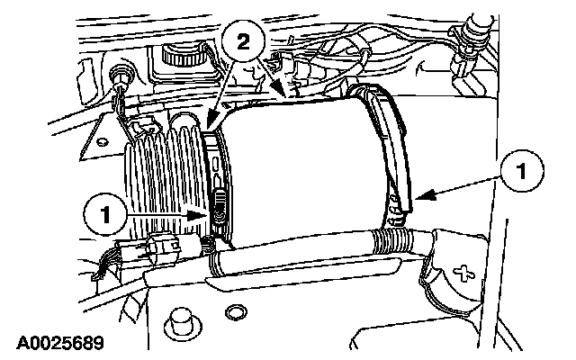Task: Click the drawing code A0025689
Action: tap(57, 344)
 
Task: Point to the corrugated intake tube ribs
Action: tap(162, 180)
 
